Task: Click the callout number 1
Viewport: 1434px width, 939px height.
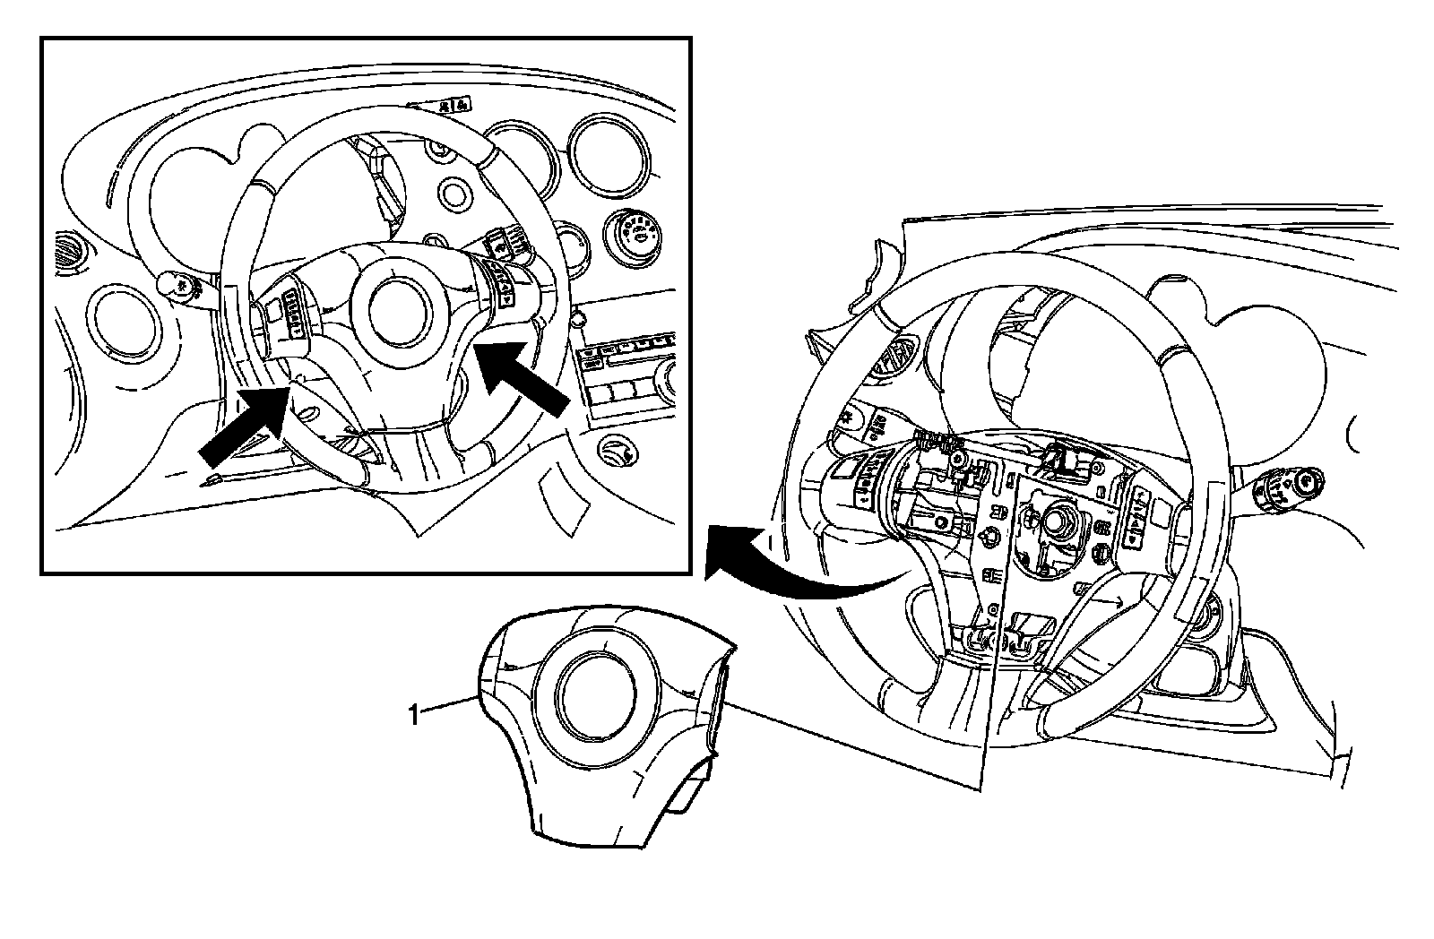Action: (413, 715)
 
